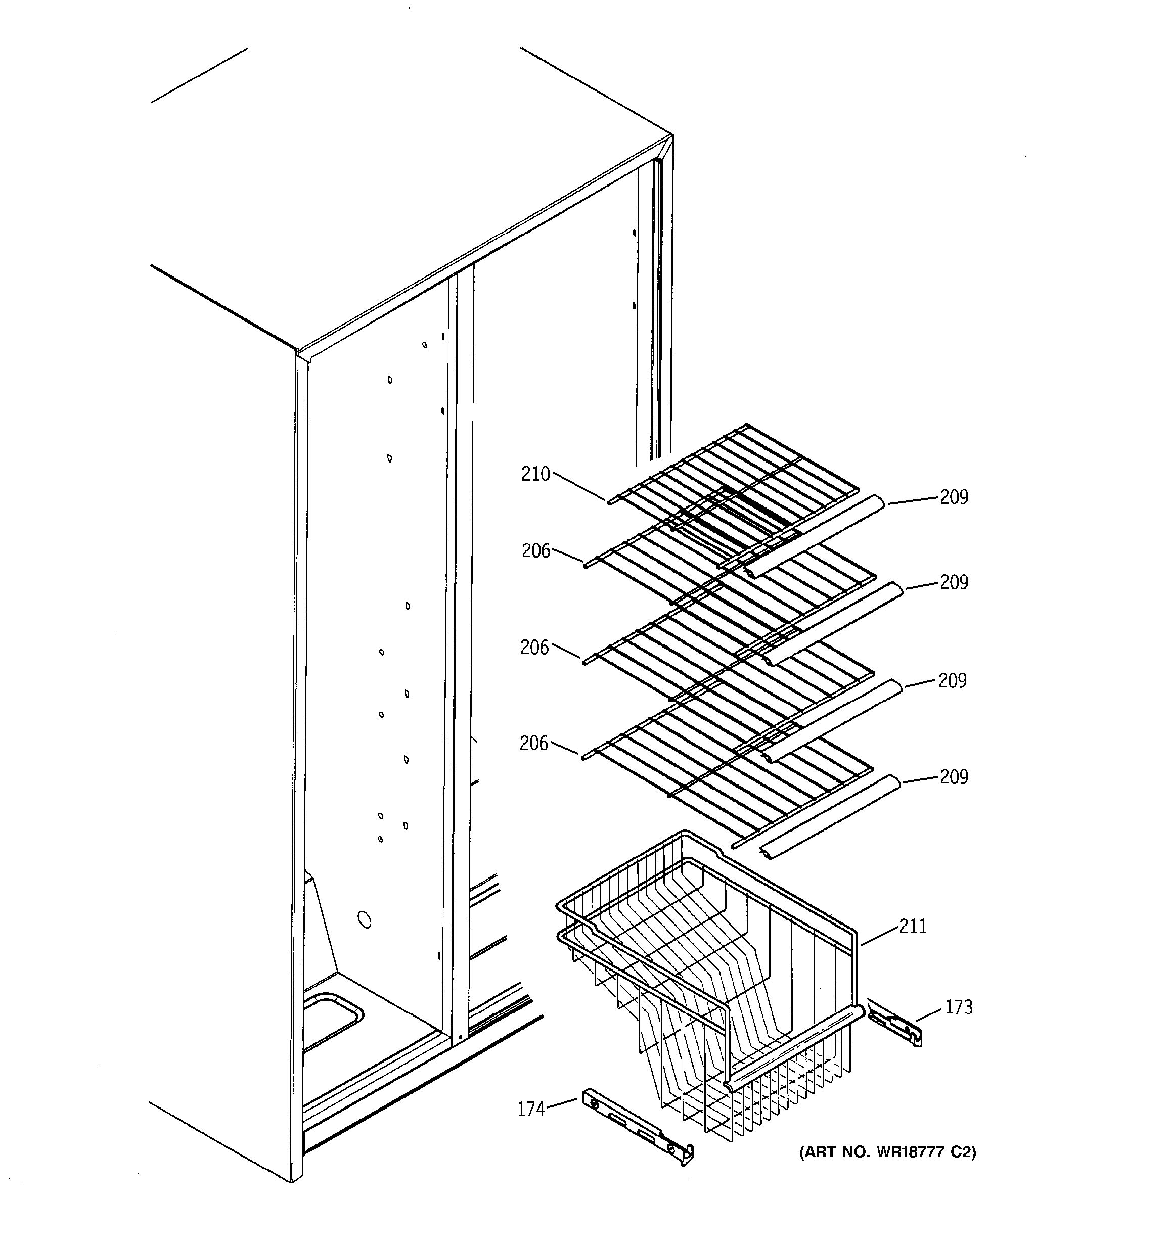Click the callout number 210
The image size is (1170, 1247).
tap(534, 474)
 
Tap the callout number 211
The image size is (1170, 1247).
tap(913, 927)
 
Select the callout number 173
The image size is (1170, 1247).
tap(958, 1007)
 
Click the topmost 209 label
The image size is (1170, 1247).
tap(954, 497)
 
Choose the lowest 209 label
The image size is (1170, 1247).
tap(954, 777)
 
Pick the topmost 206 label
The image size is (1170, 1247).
tap(536, 551)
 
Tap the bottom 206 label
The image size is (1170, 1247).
tap(534, 744)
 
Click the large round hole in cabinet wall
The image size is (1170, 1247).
tap(364, 919)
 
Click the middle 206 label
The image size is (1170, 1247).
tap(534, 648)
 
